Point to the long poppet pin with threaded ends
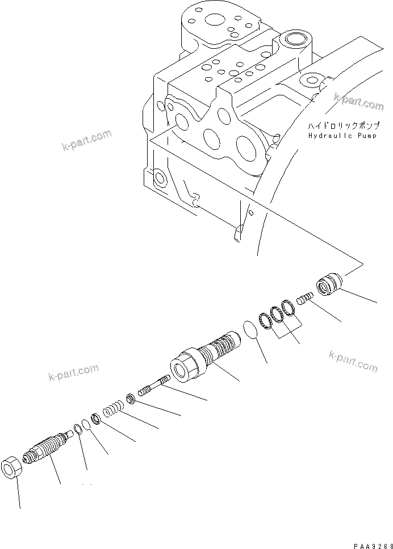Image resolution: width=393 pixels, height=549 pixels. click(x=154, y=386)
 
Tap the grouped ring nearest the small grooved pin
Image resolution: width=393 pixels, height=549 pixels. click(x=288, y=307)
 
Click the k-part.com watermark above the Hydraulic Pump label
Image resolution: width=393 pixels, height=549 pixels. click(x=358, y=102)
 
